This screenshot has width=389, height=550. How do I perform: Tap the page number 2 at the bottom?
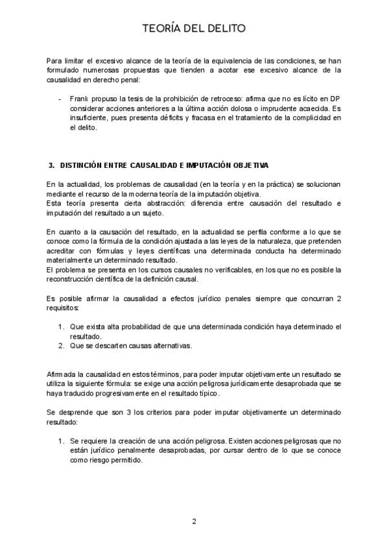click(194, 521)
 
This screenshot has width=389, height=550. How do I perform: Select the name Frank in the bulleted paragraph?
click(79, 98)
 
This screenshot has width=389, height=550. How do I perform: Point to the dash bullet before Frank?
click(60, 98)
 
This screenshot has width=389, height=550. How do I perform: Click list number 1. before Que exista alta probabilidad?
click(62, 326)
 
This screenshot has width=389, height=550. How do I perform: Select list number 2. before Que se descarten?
click(62, 346)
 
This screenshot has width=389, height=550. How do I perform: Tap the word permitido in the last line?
click(123, 460)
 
